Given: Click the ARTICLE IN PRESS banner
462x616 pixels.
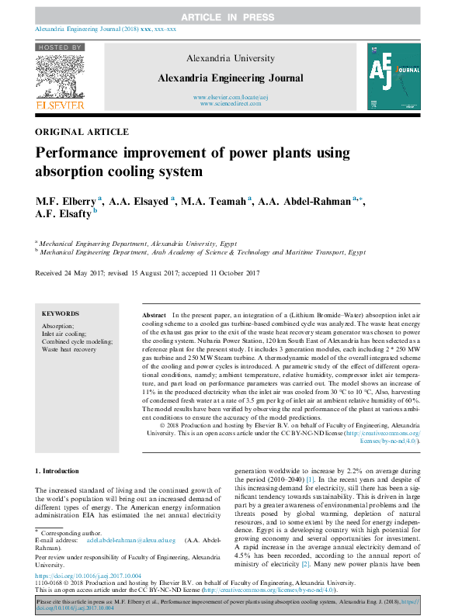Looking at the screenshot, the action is (x=230, y=16).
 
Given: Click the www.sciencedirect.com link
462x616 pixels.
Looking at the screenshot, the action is (x=231, y=103).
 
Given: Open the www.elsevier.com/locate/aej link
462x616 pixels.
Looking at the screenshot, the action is (x=231, y=97).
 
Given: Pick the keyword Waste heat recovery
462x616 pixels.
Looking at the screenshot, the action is (x=70, y=350).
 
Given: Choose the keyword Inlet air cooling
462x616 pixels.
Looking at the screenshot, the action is (x=64, y=334).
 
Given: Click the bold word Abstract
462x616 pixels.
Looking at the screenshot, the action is (x=154, y=316).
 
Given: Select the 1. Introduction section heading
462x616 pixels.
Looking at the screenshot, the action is (x=58, y=471).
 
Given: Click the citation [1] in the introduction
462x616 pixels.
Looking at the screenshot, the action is (x=311, y=502).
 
